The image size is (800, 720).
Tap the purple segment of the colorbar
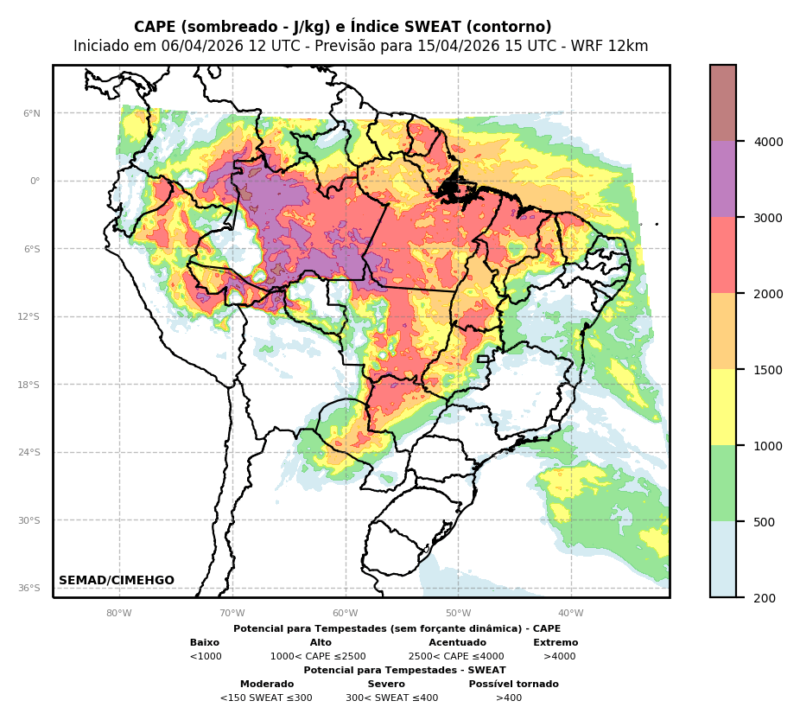tap(723, 179)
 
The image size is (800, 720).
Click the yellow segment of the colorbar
tap(723, 407)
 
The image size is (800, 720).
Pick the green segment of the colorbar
tap(723, 483)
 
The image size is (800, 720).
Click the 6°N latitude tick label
tap(32, 113)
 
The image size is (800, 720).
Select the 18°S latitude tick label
tap(29, 385)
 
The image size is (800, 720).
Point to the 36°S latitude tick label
tap(29, 588)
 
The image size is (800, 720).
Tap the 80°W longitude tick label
tap(119, 614)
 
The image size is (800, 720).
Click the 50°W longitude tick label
tap(458, 614)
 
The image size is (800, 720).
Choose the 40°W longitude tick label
tap(571, 614)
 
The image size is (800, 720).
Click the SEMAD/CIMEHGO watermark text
tap(117, 581)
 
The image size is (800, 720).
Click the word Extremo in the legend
tap(556, 643)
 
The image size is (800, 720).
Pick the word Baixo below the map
tap(205, 643)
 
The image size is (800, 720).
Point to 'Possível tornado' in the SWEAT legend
tap(513, 685)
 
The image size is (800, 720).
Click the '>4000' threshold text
tap(559, 657)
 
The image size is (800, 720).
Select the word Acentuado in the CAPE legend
tap(457, 643)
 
